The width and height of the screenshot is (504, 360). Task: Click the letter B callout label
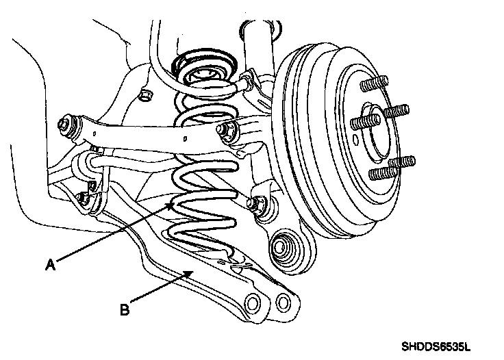[125, 309]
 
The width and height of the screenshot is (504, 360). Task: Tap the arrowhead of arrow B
[189, 272]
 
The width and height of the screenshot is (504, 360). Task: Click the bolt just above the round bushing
[260, 203]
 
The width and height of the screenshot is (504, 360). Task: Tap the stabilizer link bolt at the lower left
[84, 198]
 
